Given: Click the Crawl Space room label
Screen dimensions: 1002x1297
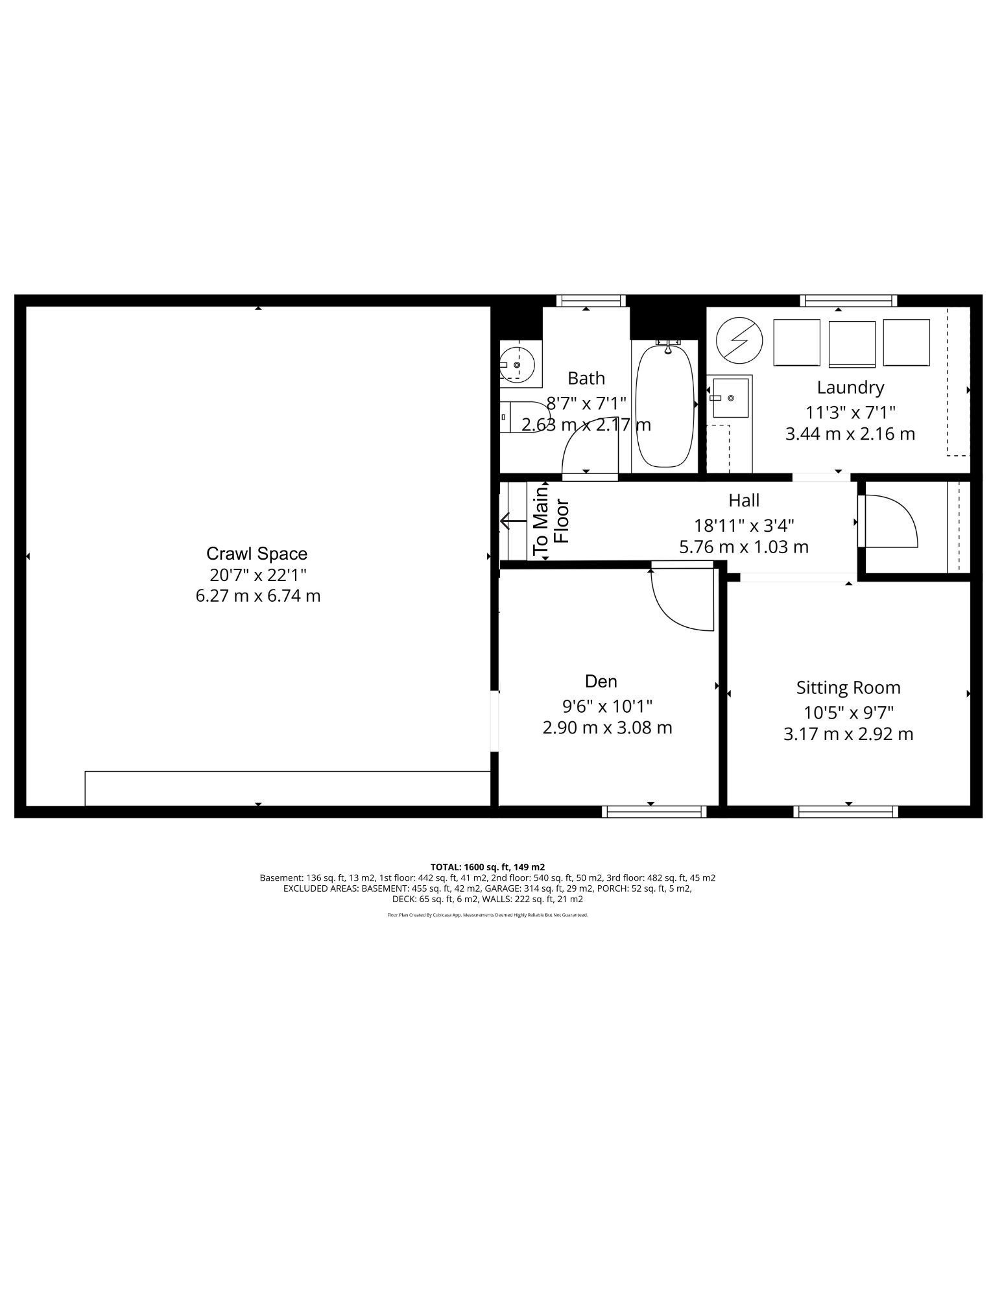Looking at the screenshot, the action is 257,554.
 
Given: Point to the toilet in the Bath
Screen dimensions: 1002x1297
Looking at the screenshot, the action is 525,418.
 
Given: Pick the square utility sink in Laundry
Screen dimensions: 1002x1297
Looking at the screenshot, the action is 731,398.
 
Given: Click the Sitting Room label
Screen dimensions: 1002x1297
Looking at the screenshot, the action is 848,687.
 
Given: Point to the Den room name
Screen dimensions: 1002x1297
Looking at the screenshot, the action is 601,682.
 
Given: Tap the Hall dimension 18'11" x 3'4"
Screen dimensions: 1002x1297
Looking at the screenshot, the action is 744,524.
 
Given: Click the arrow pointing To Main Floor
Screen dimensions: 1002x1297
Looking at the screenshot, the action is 513,521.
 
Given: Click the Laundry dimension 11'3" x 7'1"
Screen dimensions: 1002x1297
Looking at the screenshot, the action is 850,412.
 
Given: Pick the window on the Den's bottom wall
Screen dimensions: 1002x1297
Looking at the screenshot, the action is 654,811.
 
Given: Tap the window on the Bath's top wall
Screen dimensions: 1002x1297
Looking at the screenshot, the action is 591,300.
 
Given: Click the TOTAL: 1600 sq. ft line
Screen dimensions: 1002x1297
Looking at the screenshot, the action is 487,866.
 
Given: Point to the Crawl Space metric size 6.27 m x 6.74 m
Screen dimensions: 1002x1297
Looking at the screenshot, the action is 258,595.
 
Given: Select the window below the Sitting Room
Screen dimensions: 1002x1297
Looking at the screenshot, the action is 846,811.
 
